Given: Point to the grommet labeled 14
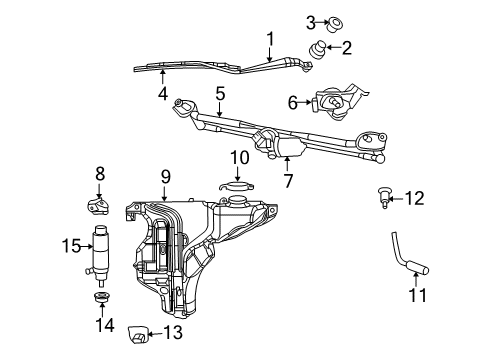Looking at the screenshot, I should point(101,300).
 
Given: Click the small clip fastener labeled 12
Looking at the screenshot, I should point(384,198).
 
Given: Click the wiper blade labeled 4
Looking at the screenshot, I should point(190,69).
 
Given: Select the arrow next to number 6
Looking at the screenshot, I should point(306,102).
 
